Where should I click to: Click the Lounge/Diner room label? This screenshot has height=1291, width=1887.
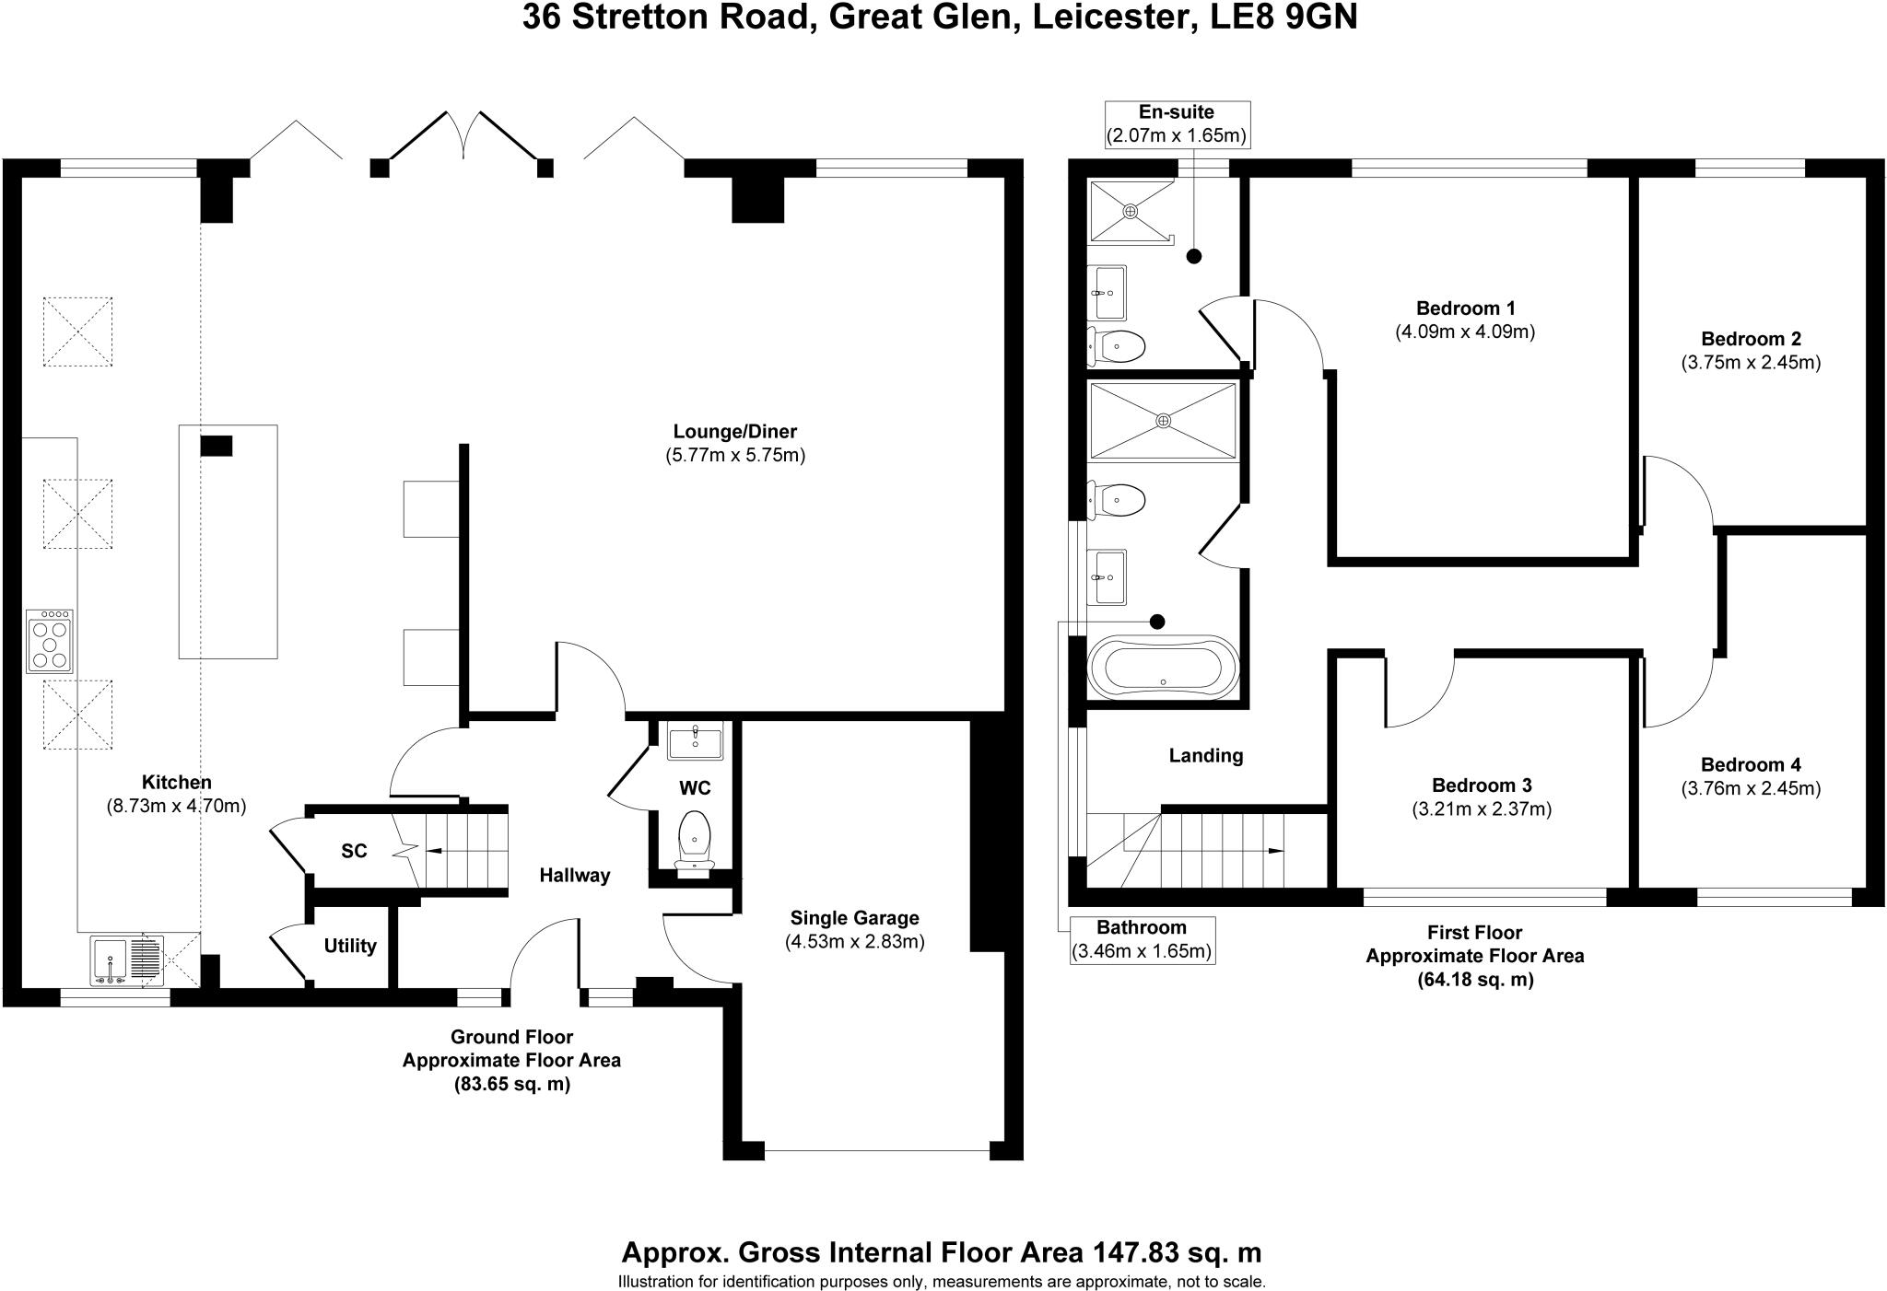point(734,431)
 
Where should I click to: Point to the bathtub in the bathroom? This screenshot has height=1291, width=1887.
point(1163,669)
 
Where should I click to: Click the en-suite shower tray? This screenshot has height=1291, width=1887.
point(1130,211)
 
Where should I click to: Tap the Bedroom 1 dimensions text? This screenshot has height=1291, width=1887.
point(1465,331)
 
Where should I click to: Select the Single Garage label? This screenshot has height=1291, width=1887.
point(854,918)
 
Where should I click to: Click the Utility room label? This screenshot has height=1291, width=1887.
point(350,946)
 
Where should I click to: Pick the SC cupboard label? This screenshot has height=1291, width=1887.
point(354,851)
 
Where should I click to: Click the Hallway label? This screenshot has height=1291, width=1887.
point(574,875)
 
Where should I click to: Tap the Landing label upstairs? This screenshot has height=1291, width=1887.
point(1205,756)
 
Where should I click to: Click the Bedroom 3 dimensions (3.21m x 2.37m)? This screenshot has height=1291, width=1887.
point(1482,809)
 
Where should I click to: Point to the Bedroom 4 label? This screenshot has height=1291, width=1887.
point(1750,764)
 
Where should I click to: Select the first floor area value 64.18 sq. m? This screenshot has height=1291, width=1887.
point(1474,980)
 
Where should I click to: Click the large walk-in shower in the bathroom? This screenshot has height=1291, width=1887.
point(1163,421)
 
